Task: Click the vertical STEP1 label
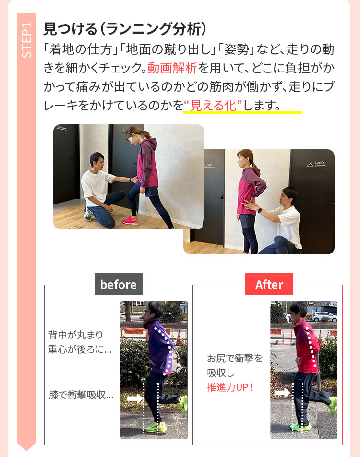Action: [x=26, y=40]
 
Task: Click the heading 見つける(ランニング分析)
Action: [x=125, y=29]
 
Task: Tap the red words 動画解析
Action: [x=172, y=68]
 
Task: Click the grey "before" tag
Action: [x=119, y=284]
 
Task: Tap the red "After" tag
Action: [x=269, y=284]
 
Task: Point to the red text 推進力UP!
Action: [x=230, y=387]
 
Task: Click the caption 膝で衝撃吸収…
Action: [x=81, y=395]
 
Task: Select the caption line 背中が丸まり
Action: [x=76, y=335]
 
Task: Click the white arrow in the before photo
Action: [x=135, y=398]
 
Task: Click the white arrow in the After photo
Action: [x=282, y=393]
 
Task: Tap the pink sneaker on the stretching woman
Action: [x=130, y=221]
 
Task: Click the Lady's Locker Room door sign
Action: [x=316, y=164]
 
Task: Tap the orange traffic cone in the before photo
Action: [x=179, y=336]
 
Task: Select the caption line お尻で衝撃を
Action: [x=235, y=358]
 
